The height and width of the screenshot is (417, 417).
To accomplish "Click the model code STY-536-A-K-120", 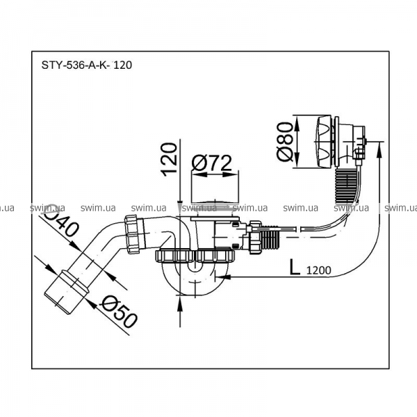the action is [x=87, y=65].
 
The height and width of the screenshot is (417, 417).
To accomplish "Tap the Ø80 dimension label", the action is [x=284, y=142].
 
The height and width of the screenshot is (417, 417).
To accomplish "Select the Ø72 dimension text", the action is [x=212, y=163].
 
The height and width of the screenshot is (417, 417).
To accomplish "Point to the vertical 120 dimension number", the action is [x=169, y=160].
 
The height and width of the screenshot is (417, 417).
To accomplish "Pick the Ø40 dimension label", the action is [x=63, y=219].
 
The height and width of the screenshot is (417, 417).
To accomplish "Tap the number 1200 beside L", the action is [x=319, y=270].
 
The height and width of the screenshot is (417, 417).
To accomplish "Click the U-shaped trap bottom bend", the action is [x=196, y=281].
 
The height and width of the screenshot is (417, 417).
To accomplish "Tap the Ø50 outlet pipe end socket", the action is [x=66, y=288].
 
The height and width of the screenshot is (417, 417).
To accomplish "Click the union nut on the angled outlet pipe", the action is [x=134, y=234].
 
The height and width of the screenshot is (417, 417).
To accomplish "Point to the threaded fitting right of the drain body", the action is [x=270, y=236].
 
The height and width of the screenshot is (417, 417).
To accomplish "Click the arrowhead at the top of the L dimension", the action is [x=379, y=149].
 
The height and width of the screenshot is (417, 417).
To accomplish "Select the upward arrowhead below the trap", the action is [x=180, y=304].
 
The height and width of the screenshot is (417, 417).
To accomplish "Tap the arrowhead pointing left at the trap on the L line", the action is [x=222, y=277].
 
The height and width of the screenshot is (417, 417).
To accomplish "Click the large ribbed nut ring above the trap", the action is [x=195, y=256].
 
